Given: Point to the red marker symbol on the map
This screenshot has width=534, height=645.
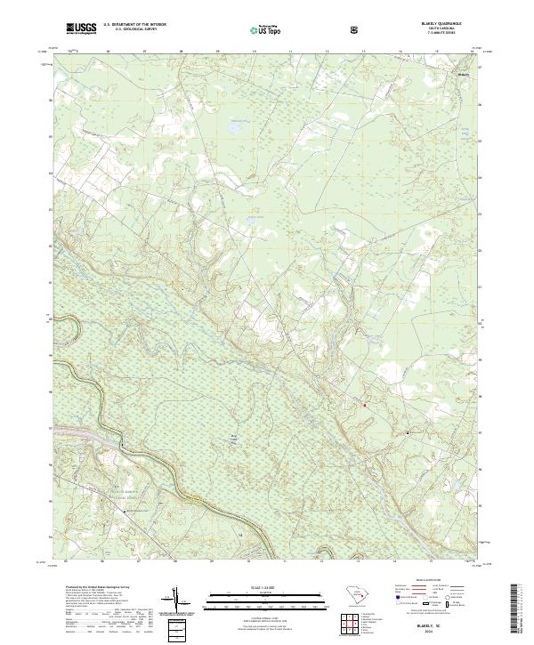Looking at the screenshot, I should pos(363,405).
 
